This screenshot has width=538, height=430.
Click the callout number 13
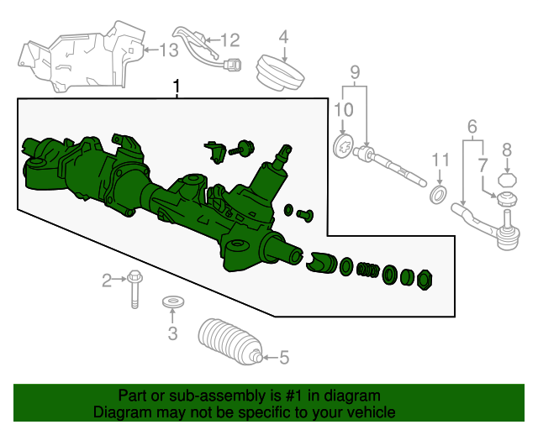(x=169, y=50)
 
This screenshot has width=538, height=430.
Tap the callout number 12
(x=229, y=40)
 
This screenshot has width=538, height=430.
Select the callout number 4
(x=283, y=37)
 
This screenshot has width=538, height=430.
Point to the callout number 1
(x=177, y=87)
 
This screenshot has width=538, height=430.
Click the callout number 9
(x=355, y=72)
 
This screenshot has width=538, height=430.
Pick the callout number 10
(x=344, y=110)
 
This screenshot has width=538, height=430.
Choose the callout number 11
(x=440, y=160)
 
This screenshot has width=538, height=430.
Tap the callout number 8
(x=507, y=149)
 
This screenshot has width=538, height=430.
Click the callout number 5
(x=284, y=357)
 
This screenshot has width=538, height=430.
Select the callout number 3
(x=172, y=333)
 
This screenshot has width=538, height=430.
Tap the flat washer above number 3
(x=173, y=302)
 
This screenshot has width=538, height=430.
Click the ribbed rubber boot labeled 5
(x=229, y=341)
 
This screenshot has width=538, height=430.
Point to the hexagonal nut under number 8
(x=507, y=180)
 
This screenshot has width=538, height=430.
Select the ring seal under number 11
(x=438, y=195)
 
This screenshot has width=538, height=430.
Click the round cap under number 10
(x=344, y=146)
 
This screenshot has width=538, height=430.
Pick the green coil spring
(x=368, y=270)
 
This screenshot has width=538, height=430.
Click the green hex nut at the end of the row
(x=425, y=280)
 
